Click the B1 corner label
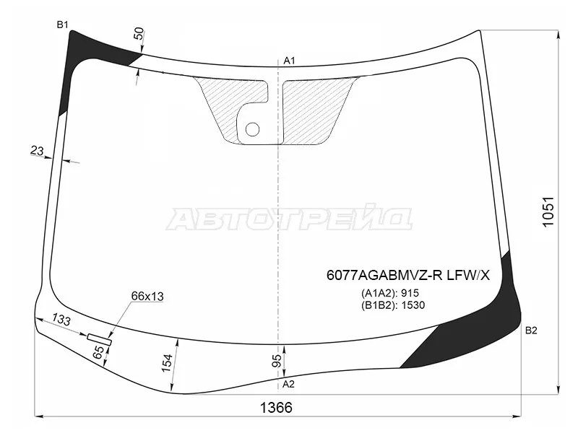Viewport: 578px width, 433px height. pyautogui.click(x=62, y=25)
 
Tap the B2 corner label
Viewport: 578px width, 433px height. pyautogui.click(x=531, y=331)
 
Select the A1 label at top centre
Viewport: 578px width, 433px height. pyautogui.click(x=290, y=61)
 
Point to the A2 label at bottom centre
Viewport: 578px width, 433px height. pyautogui.click(x=288, y=384)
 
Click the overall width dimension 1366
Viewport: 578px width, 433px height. pyautogui.click(x=276, y=407)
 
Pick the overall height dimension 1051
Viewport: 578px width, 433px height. pyautogui.click(x=548, y=212)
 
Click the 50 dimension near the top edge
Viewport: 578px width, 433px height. pyautogui.click(x=139, y=33)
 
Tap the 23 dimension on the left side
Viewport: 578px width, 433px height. pyautogui.click(x=37, y=150)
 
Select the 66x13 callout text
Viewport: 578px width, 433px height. pyautogui.click(x=147, y=296)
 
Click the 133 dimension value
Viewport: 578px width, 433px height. pyautogui.click(x=61, y=319)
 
